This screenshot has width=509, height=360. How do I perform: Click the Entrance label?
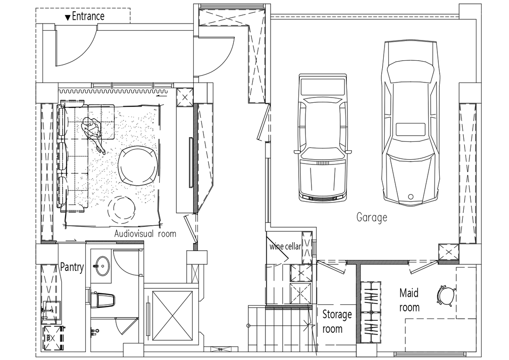point(88,16)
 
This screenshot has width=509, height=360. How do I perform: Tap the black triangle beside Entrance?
point(67,17)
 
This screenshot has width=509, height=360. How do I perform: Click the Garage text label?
point(372,217)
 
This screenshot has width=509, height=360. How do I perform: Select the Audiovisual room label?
point(145,233)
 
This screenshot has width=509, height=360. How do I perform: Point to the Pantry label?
point(72,267)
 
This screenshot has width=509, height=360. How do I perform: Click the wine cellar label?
point(285,246)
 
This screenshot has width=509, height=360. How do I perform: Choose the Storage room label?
point(337,321)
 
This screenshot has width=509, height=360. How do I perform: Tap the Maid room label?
point(410,300)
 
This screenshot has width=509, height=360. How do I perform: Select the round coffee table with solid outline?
point(138,166)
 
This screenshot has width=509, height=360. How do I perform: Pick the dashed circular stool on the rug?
point(122,209)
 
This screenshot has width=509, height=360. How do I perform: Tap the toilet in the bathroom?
point(104,300)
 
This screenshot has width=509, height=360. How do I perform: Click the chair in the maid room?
point(446,295)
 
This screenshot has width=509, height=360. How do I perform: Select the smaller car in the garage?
point(322,139)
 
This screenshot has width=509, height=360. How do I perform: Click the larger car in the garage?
point(410,123)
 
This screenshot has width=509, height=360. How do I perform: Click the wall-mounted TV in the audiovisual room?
point(191,162)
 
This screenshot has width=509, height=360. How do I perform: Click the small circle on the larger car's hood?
point(410,196)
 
